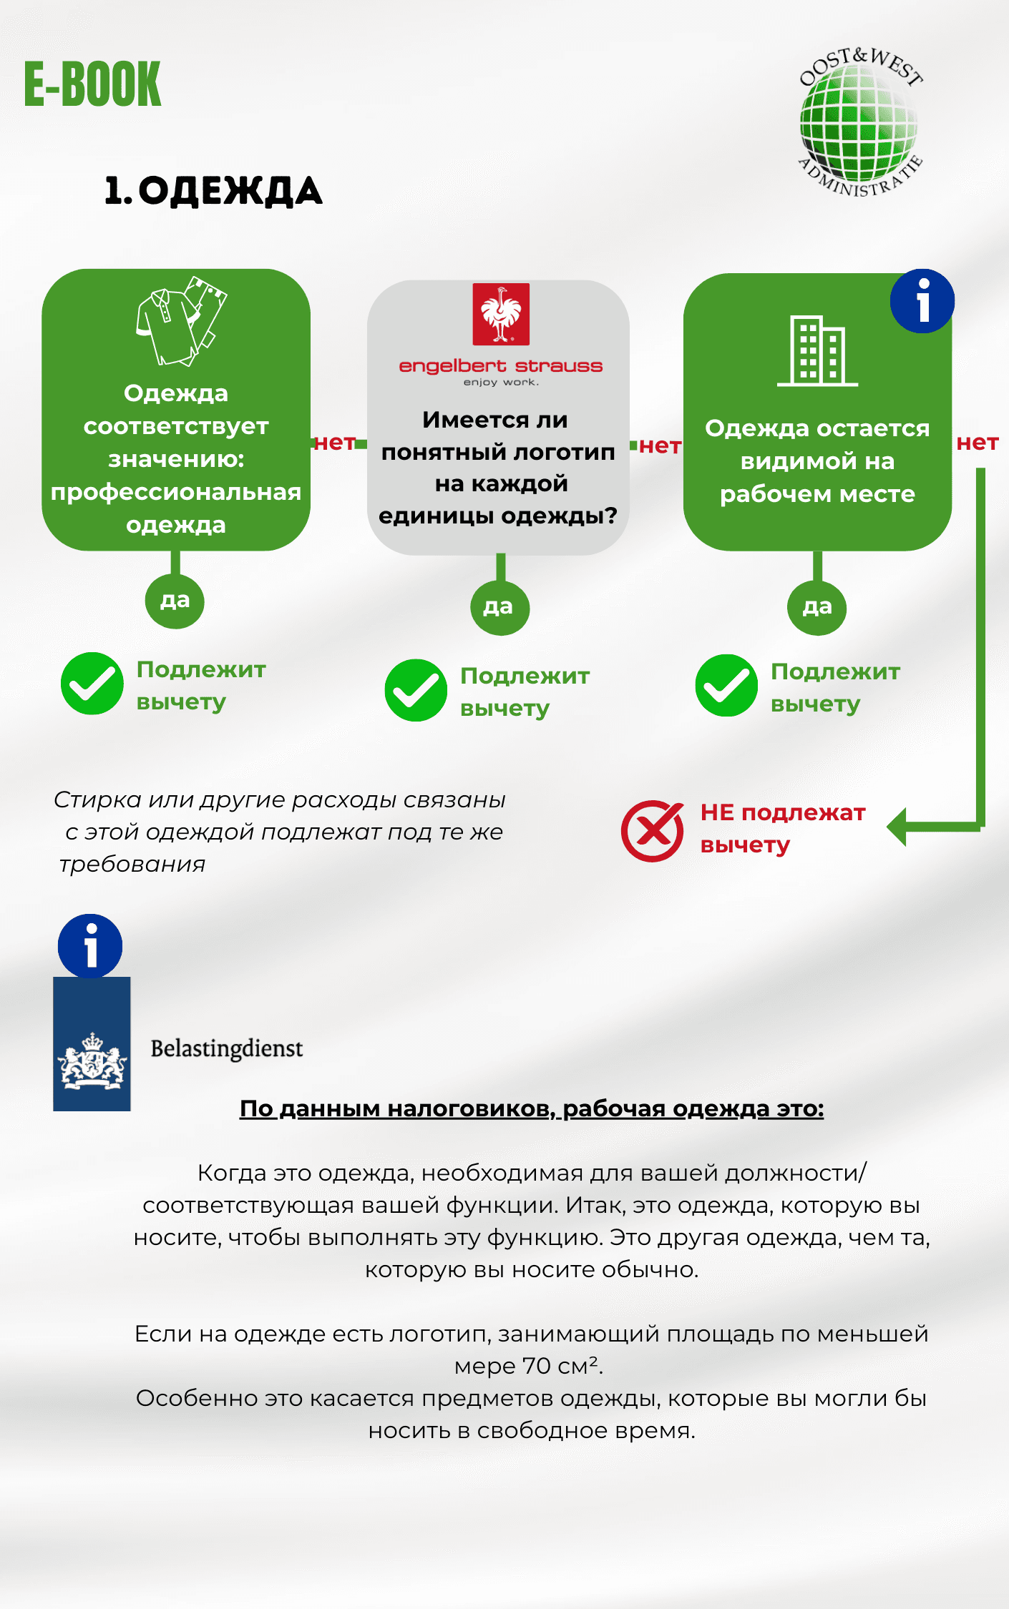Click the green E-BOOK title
point(93,84)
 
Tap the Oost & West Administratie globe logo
point(859,122)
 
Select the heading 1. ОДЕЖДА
point(213,191)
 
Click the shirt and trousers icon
point(181,321)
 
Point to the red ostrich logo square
point(501,314)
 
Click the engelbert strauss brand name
point(501,366)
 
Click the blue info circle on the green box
point(922,301)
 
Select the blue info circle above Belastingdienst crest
point(90,946)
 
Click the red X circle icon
point(652,831)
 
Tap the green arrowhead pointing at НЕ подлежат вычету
point(898,827)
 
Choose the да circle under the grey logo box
point(499,607)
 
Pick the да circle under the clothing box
point(175,601)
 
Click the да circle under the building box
point(817,607)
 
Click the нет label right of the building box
point(977,443)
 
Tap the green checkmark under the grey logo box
point(416,690)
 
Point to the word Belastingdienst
point(226,1048)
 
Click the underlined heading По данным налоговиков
point(531,1108)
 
